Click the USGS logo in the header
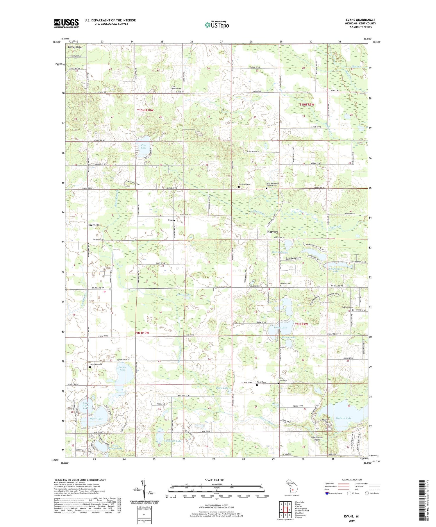(x=66, y=23)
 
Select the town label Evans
(x=171, y=220)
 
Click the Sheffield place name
(x=94, y=225)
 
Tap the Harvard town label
(x=273, y=232)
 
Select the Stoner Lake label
(x=122, y=369)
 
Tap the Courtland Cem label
(x=96, y=365)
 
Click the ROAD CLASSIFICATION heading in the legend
(x=352, y=480)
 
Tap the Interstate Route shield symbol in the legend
(x=327, y=493)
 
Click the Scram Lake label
(x=280, y=328)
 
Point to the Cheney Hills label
(x=75, y=47)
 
